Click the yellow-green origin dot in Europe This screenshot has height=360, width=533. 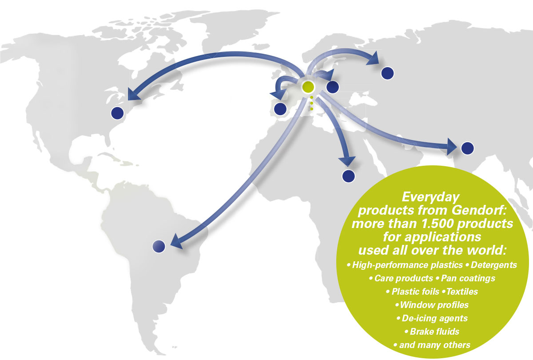click(308, 87)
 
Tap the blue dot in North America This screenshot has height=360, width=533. click(117, 113)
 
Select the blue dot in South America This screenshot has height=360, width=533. click(159, 246)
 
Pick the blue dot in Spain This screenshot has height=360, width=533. click(280, 109)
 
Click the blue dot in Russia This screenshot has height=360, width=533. click(388, 73)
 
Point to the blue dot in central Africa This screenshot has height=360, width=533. click(349, 176)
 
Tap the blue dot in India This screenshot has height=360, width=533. click(468, 148)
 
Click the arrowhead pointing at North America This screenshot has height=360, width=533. click(133, 95)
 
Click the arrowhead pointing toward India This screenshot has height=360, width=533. click(451, 147)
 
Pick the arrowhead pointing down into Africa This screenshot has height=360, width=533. click(347, 161)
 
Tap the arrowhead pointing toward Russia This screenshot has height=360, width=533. click(373, 58)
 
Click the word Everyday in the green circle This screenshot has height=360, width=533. click(431, 197)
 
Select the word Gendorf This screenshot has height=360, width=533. click(479, 210)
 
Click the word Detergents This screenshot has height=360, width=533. click(494, 265)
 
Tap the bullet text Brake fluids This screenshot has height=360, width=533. click(434, 332)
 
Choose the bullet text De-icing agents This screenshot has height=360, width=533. click(435, 318)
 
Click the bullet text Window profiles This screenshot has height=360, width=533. click(434, 305)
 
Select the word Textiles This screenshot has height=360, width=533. click(462, 292)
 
